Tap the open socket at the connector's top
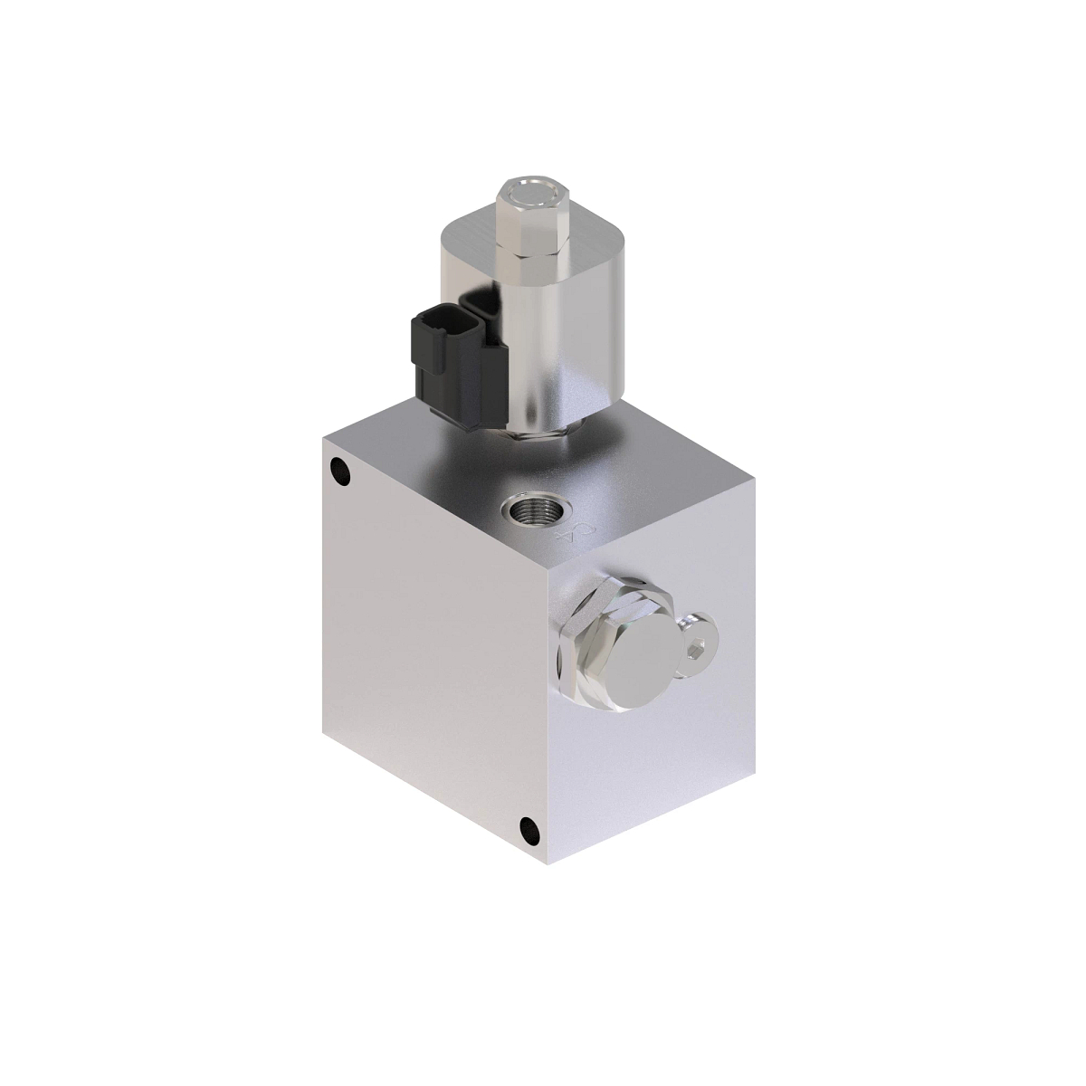(480, 302)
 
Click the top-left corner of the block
(323, 435)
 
